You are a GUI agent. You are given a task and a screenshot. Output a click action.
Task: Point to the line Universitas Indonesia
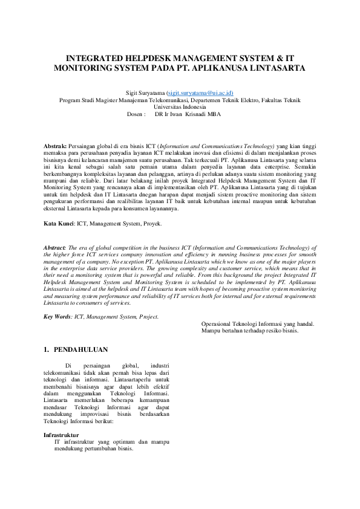coord(180,106)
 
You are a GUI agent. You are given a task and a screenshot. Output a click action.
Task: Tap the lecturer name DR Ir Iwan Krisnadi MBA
coord(188,114)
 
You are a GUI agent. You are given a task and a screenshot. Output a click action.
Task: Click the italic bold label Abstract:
coord(56,248)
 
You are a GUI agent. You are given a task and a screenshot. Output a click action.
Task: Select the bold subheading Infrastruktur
coord(62,435)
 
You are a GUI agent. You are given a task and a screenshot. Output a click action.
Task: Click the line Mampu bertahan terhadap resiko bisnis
coord(249,331)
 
